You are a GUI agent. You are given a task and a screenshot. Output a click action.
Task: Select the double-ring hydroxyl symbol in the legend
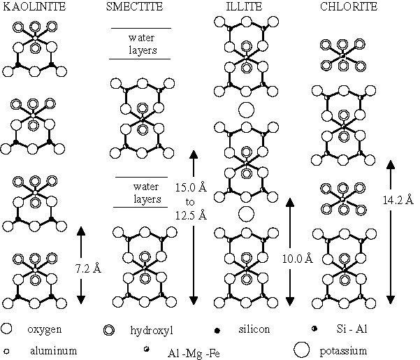point(108,329)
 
